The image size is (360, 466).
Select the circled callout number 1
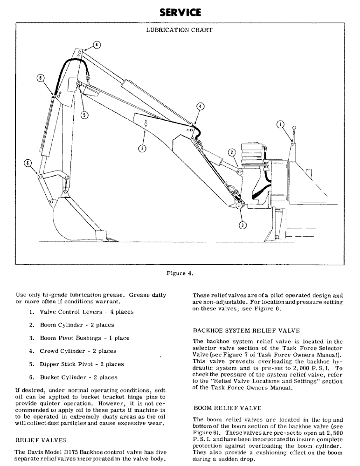point(280,124)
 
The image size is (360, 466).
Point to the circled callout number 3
point(242,225)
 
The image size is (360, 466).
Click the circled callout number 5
point(83,115)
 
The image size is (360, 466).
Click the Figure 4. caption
point(180,273)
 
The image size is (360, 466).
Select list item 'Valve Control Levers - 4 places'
point(81,312)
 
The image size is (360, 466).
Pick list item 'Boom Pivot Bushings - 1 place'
point(79,338)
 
